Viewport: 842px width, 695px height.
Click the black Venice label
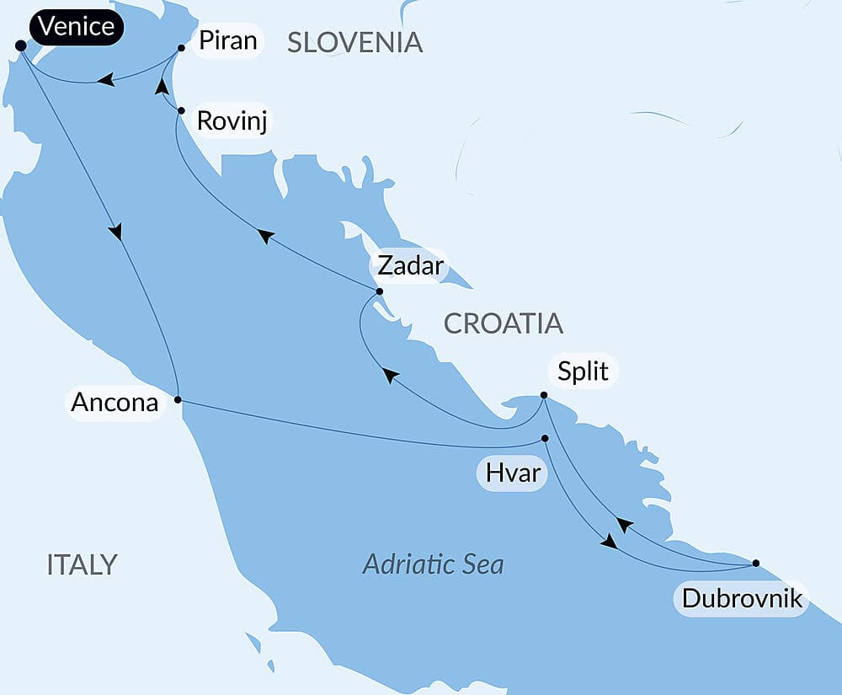[x=77, y=27]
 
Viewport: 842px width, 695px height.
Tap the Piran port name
[x=227, y=40]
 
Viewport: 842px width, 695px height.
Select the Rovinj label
[x=235, y=120]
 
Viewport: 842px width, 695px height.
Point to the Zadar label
[x=409, y=265]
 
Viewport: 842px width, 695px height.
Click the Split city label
[x=584, y=371]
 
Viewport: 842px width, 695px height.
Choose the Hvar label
[x=514, y=473]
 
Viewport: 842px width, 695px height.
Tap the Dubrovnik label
[x=741, y=599]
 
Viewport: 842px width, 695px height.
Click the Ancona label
[x=115, y=403]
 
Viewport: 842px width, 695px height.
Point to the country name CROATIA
[x=503, y=323]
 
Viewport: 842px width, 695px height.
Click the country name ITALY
[x=82, y=564]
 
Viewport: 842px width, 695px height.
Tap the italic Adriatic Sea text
[x=433, y=564]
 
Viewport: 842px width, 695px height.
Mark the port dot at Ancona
[x=178, y=399]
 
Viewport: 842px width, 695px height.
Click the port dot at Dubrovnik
[x=755, y=563]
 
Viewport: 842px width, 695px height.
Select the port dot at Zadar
[x=379, y=291]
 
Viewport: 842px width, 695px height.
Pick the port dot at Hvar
[x=545, y=438]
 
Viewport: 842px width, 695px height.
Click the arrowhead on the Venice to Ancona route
[x=115, y=231]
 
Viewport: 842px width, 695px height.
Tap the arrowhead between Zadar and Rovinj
[x=266, y=237]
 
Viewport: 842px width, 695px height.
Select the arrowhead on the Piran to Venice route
[x=105, y=80]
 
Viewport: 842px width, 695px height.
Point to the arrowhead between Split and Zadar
[x=391, y=375]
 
